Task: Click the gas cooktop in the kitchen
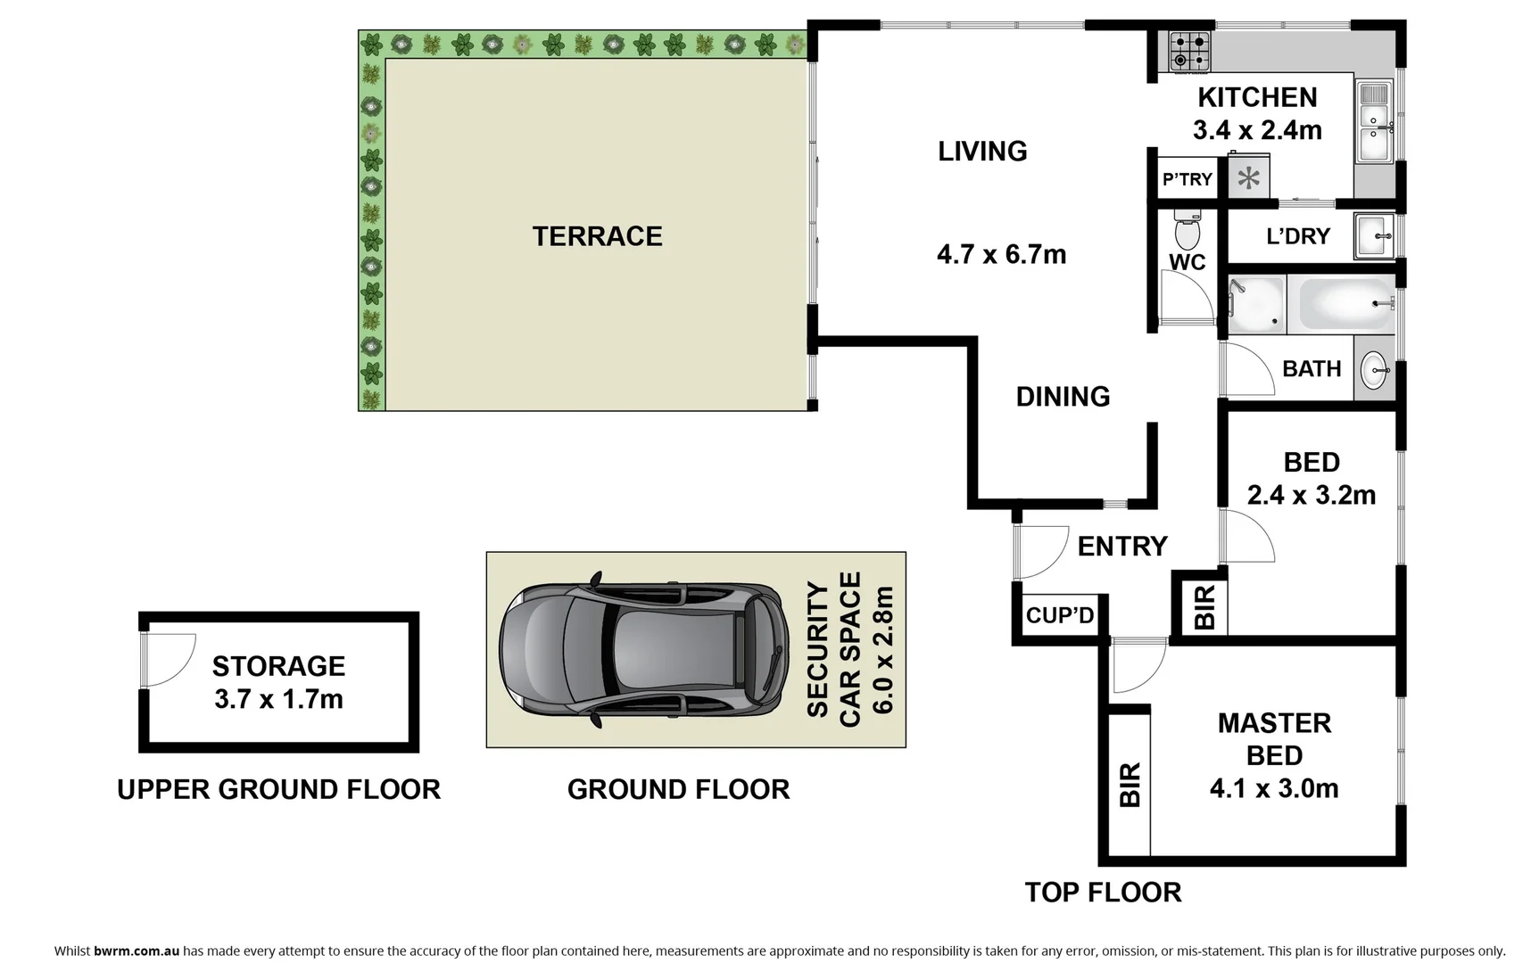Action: point(1190,52)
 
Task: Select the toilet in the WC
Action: point(1187,230)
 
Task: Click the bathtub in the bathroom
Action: point(1346,304)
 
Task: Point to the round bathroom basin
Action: point(1374,369)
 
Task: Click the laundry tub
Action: point(1374,235)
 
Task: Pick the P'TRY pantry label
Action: point(1187,179)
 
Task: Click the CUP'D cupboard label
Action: point(1059,615)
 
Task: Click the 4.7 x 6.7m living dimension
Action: point(1001,255)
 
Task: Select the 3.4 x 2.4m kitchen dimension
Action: point(1257,130)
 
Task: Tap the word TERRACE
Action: point(597,236)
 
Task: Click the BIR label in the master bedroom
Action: point(1130,785)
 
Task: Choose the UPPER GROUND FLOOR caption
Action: point(278,789)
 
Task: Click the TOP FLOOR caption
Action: point(1103,892)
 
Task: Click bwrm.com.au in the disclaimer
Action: point(137,951)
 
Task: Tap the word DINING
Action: point(1063,396)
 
